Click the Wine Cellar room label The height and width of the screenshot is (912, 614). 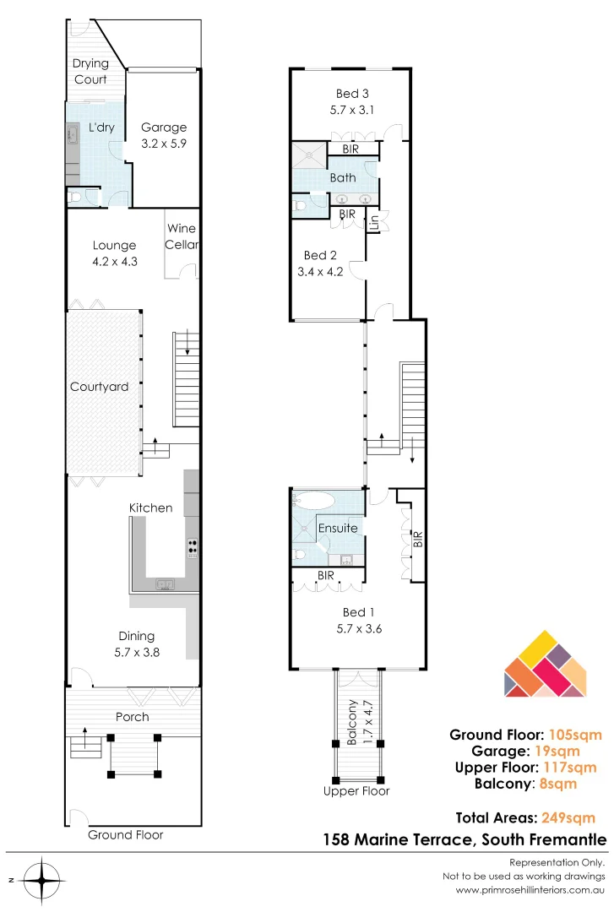[182, 236]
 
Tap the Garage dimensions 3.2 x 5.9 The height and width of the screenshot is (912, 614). [164, 144]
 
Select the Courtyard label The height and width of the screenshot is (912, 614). [100, 387]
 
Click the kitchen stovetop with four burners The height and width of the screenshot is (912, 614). [193, 548]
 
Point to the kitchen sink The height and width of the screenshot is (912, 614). [165, 584]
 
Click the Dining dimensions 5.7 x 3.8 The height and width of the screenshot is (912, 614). [136, 651]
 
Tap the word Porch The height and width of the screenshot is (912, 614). [132, 717]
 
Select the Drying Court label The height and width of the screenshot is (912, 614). [90, 71]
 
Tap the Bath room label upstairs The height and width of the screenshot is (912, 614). [343, 178]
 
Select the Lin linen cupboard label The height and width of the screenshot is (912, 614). [373, 222]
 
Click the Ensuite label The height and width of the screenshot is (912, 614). [338, 529]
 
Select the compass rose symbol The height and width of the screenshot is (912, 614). [39, 881]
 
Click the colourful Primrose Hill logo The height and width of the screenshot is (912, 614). [544, 665]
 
